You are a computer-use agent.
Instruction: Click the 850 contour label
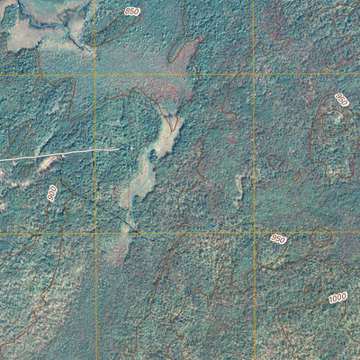click(x=132, y=11)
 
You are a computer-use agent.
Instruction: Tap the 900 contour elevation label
click(x=52, y=193)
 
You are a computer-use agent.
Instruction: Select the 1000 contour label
click(x=337, y=298)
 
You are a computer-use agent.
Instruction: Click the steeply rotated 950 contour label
click(x=341, y=101)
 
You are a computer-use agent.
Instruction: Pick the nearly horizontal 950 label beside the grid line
click(x=278, y=238)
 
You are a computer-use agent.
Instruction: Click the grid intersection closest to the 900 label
click(x=95, y=233)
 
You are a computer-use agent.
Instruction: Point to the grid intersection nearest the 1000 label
click(x=255, y=233)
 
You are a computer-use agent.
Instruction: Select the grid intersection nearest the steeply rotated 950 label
click(x=255, y=74)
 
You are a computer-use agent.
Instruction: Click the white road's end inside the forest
click(x=118, y=150)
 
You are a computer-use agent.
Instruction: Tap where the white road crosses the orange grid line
click(x=95, y=151)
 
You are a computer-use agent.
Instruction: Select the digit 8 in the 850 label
click(x=127, y=12)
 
